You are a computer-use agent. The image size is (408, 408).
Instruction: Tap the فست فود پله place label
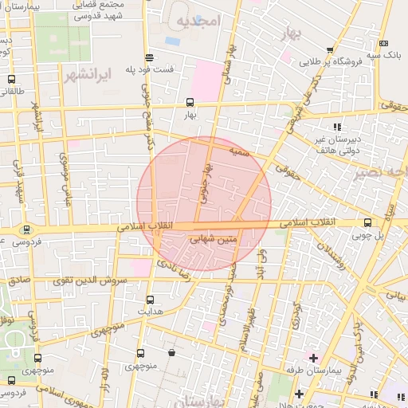[x=150, y=69]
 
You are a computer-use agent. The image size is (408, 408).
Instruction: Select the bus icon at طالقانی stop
[x=11, y=80]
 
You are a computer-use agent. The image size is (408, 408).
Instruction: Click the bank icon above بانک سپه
[x=385, y=43]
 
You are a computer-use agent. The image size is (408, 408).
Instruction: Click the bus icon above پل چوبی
[x=367, y=223]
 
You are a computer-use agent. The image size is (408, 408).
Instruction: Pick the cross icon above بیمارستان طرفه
[x=313, y=358]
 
